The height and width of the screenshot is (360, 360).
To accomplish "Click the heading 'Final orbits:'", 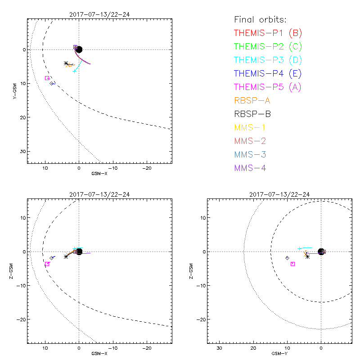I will coord(261,19).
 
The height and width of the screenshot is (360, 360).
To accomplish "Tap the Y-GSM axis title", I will coord(15,90).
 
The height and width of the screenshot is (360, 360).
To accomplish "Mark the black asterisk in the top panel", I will coord(66,63).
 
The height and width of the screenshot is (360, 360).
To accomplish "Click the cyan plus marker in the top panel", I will coord(75,71).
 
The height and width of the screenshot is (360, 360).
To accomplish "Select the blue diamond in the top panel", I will coord(52,83).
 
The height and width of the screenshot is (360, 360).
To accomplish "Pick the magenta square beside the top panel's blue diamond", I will coord(47,78).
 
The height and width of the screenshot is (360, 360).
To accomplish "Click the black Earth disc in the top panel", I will coord(79,49).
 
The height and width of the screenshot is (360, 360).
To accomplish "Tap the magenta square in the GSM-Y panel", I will coord(292,264).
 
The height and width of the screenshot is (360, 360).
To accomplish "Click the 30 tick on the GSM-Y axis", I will coord(220,348).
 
